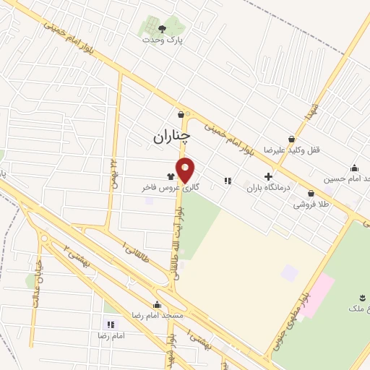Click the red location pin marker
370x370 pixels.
186,170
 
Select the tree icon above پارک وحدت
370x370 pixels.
162,28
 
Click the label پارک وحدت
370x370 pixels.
163,40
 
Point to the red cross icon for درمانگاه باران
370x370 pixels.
268,176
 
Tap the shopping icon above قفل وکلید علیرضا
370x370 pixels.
291,139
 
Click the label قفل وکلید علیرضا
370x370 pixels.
290,150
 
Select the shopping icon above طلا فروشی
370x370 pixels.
311,194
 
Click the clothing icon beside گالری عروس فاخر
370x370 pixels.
171,176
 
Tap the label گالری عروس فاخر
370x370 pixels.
171,187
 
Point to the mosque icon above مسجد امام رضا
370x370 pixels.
157,304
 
